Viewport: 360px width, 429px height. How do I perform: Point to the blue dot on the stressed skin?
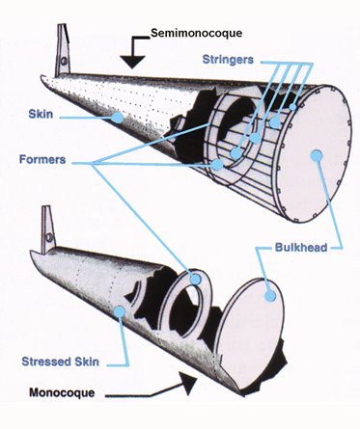(118, 309)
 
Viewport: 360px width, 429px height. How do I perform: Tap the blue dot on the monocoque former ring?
(195, 279)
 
